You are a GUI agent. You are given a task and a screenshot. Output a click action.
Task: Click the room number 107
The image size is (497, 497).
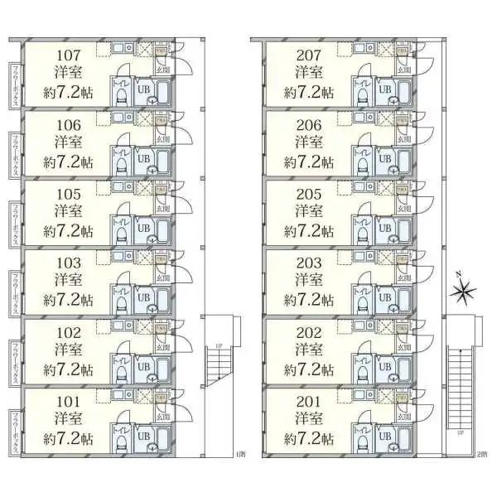68,56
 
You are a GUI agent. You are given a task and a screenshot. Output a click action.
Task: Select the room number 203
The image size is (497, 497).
309,263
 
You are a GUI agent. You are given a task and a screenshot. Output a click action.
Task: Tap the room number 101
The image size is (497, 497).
68,403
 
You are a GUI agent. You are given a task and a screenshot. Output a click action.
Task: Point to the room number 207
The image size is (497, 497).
309,56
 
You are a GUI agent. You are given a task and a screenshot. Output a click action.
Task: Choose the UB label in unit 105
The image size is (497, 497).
142,227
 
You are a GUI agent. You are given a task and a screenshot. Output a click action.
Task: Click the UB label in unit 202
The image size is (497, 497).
384,365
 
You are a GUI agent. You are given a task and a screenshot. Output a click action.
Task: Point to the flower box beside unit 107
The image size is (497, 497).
15,82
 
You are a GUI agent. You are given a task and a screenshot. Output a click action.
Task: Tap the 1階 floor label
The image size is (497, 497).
241,454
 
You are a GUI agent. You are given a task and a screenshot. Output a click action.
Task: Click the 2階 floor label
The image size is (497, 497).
482,454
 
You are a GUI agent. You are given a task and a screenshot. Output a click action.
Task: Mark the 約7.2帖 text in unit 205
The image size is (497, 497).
309,229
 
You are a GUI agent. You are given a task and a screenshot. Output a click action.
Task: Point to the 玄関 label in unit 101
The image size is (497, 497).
162,416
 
